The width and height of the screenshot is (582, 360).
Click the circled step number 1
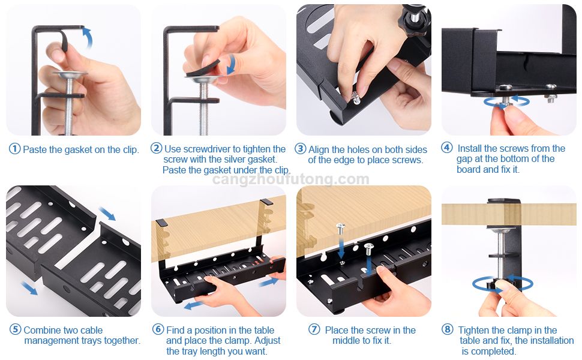(x=14, y=149)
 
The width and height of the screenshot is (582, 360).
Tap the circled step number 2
(x=156, y=149)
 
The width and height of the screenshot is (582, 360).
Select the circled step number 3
(x=301, y=149)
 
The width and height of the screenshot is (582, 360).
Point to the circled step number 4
(x=446, y=148)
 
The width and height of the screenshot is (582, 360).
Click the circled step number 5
(x=14, y=330)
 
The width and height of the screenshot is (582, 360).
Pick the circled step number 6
(x=158, y=329)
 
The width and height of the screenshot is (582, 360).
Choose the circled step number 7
(x=314, y=329)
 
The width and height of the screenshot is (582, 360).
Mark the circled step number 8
(x=447, y=329)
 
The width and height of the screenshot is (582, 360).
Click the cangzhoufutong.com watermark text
(x=291, y=179)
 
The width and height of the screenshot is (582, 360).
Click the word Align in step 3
(x=319, y=149)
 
